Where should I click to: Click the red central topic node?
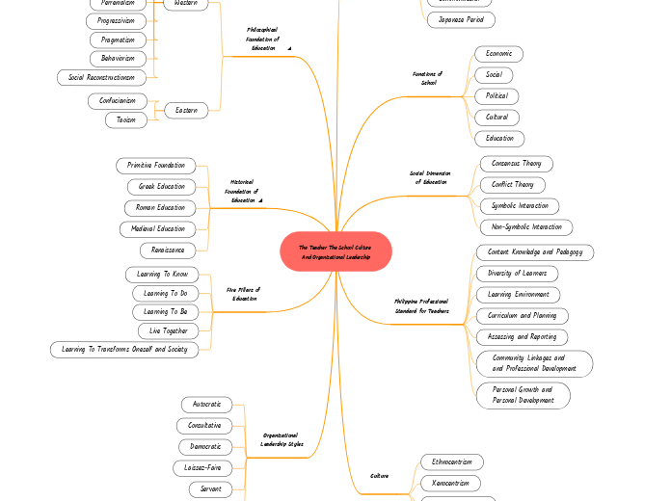tap(335, 252)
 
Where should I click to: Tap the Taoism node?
tap(126, 119)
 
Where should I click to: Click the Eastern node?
tap(186, 111)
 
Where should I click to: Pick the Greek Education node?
tap(162, 186)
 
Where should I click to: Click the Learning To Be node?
tap(166, 312)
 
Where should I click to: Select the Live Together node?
tap(168, 330)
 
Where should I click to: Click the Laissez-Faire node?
tap(203, 468)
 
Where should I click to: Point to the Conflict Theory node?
tap(513, 185)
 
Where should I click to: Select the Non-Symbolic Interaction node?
tap(526, 227)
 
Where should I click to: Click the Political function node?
tap(497, 96)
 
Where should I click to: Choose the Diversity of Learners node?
tap(518, 274)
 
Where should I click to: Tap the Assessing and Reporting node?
tap(522, 337)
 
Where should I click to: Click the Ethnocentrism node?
tap(450, 461)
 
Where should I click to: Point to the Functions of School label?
tap(427, 78)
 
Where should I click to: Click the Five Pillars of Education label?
tap(244, 294)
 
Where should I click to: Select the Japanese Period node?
tap(461, 19)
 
